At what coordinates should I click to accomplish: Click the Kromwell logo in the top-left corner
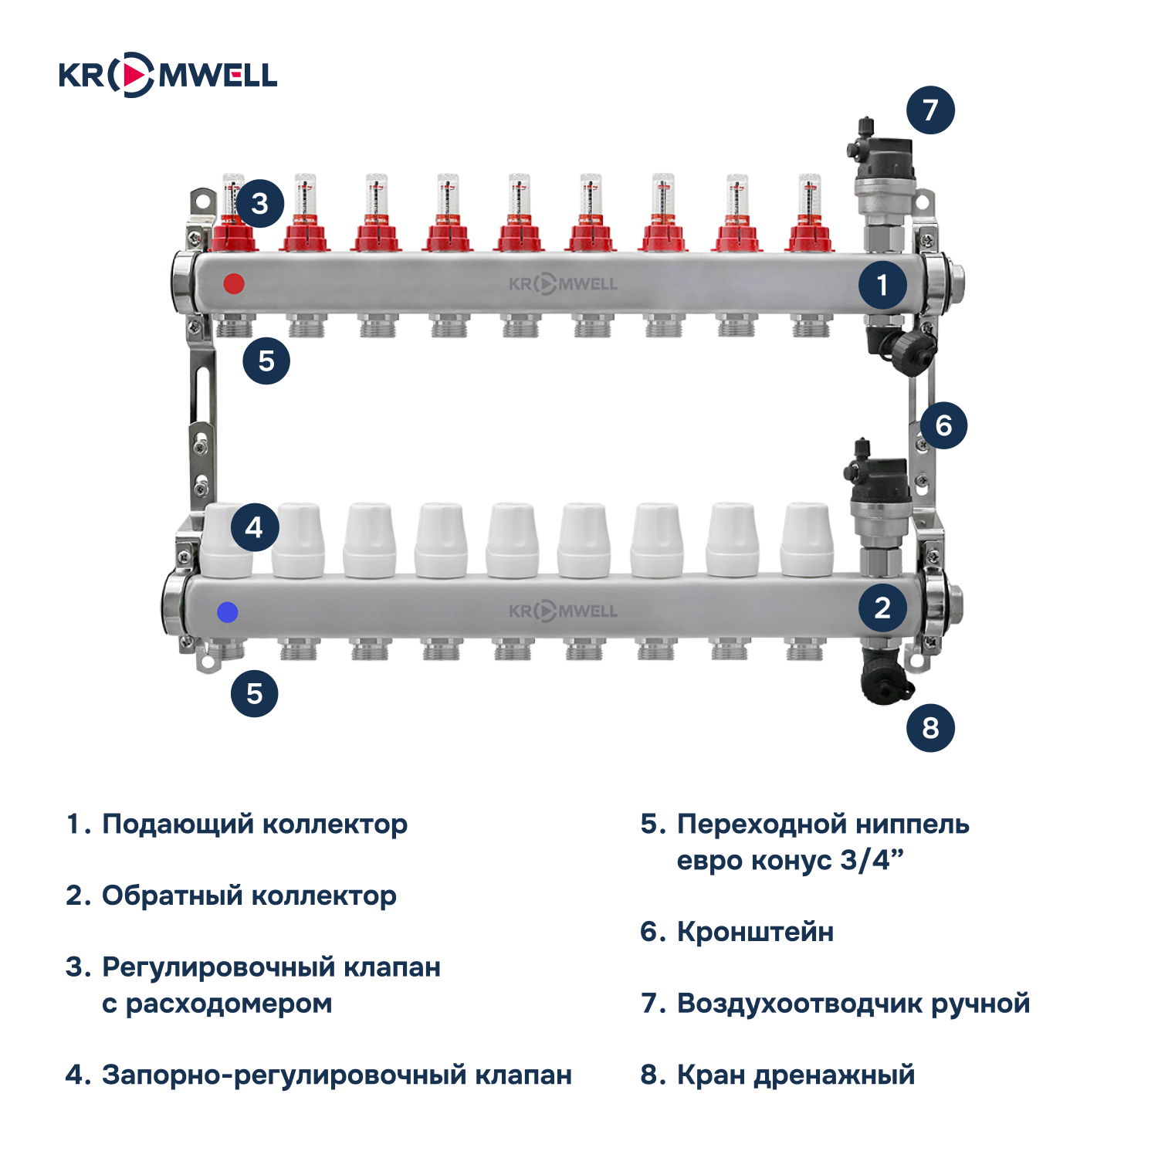[x=168, y=75]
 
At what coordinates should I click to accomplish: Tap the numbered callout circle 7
[x=930, y=110]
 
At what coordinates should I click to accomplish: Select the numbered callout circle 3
[x=260, y=203]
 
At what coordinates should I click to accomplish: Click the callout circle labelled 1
[x=882, y=286]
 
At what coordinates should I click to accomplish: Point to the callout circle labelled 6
[x=943, y=425]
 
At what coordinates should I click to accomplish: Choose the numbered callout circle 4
[x=254, y=527]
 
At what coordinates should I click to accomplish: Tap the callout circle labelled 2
[x=882, y=608]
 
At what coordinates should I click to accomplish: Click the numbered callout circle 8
[x=930, y=727]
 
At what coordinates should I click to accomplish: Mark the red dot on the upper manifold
[x=234, y=283]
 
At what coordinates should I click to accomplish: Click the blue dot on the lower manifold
[x=228, y=612]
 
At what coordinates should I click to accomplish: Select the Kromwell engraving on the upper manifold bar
[x=563, y=284]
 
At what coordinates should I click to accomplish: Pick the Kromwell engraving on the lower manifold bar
[x=563, y=611]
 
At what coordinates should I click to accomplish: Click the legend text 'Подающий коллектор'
[x=255, y=824]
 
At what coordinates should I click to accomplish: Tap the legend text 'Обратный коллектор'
[x=249, y=896]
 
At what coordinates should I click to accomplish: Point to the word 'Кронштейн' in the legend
[x=755, y=932]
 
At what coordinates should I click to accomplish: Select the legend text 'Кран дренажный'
[x=795, y=1075]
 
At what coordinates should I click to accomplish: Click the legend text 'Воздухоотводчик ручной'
[x=853, y=1004]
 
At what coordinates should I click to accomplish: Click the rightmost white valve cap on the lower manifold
[x=807, y=540]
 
